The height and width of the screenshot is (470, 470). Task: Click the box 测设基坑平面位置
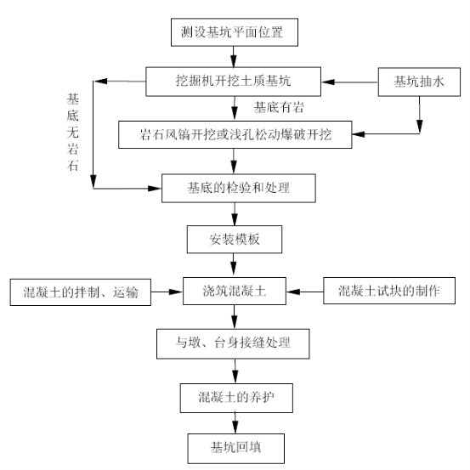pyautogui.click(x=235, y=32)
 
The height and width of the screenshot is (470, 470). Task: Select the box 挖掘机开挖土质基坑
pyautogui.click(x=233, y=82)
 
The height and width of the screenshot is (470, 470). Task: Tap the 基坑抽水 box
pyautogui.click(x=419, y=82)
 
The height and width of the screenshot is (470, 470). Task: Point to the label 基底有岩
pyautogui.click(x=279, y=107)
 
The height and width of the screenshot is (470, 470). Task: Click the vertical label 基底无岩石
pyautogui.click(x=73, y=132)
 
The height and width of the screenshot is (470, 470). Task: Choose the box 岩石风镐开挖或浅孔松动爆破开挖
pyautogui.click(x=235, y=134)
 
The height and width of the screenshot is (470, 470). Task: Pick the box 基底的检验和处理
pyautogui.click(x=239, y=188)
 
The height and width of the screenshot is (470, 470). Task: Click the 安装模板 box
pyautogui.click(x=235, y=239)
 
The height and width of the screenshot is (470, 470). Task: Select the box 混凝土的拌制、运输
pyautogui.click(x=81, y=292)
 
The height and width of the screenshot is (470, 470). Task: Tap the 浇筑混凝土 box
pyautogui.click(x=235, y=291)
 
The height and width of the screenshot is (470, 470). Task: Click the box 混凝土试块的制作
pyautogui.click(x=389, y=291)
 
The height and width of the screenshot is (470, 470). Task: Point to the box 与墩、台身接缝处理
pyautogui.click(x=233, y=344)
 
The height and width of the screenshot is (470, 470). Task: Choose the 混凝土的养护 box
pyautogui.click(x=236, y=398)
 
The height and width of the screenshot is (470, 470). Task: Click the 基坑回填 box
pyautogui.click(x=236, y=449)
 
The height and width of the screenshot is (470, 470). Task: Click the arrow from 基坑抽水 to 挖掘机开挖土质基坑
pyautogui.click(x=349, y=82)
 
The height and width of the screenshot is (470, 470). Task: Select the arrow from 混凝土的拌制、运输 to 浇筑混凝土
pyautogui.click(x=167, y=292)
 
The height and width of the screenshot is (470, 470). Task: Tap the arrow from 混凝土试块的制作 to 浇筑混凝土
pyautogui.click(x=305, y=292)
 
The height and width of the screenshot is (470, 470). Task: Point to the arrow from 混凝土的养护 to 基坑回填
pyautogui.click(x=235, y=423)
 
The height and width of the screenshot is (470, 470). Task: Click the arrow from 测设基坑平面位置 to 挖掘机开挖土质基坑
pyautogui.click(x=234, y=57)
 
